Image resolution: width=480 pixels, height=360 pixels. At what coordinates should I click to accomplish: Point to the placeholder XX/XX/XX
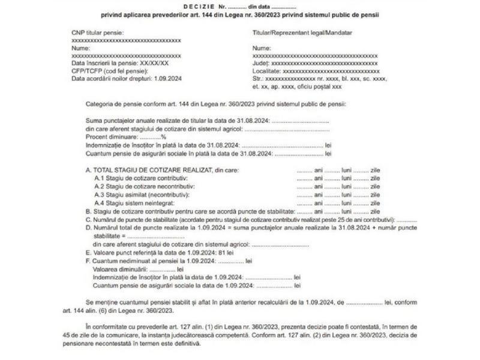154,63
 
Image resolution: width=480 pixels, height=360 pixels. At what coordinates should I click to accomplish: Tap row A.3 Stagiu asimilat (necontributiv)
142,195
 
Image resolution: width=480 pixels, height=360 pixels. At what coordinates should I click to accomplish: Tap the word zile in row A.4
375,203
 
